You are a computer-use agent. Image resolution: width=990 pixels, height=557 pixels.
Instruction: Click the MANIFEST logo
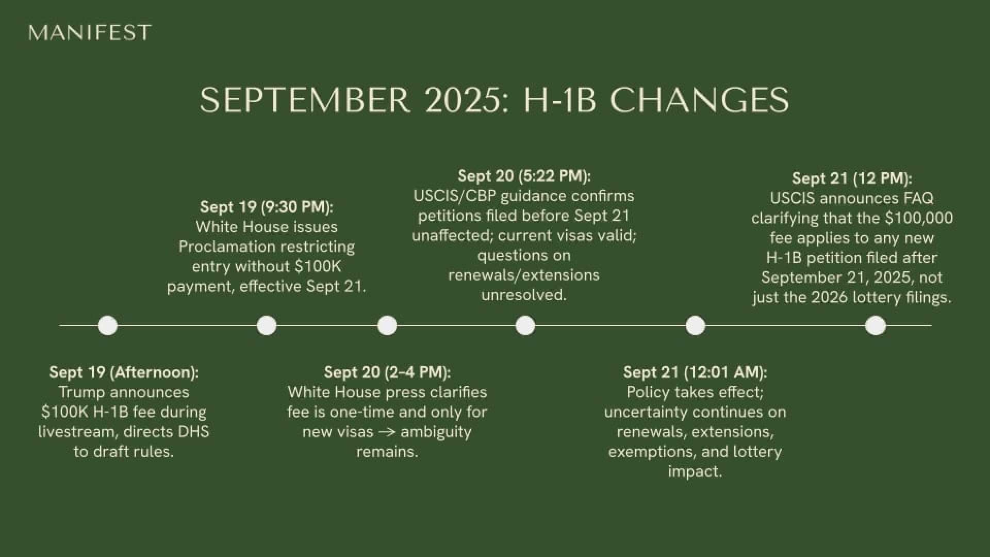click(90, 32)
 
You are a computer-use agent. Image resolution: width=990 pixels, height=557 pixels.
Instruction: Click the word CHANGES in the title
click(699, 100)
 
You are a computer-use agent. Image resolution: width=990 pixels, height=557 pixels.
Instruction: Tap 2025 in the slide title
click(463, 100)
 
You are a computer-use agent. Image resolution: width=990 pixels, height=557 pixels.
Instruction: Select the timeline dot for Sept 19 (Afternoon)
click(108, 326)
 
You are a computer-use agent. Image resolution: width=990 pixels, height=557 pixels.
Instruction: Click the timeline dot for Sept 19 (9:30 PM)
click(267, 326)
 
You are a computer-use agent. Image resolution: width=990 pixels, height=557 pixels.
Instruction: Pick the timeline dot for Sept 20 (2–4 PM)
click(387, 326)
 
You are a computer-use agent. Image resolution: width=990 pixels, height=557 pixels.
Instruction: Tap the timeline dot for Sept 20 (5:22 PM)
click(525, 326)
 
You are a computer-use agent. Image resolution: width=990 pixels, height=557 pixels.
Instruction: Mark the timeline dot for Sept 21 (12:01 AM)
click(695, 326)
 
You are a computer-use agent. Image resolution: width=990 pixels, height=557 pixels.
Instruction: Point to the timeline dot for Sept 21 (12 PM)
click(876, 326)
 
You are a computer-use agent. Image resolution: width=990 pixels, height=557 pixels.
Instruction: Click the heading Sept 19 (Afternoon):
click(124, 372)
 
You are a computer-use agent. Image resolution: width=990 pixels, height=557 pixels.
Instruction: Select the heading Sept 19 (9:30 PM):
click(267, 207)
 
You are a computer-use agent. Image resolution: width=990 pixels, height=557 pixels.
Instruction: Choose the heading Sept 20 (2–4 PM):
click(387, 372)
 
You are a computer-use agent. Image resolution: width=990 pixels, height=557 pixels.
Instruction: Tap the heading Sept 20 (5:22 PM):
click(524, 176)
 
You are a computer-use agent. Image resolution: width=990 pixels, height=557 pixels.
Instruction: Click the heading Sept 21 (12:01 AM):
click(695, 372)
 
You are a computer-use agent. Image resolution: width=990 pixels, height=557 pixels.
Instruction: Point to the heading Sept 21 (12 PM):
click(852, 178)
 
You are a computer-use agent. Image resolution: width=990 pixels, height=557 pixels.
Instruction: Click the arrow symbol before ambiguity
click(387, 432)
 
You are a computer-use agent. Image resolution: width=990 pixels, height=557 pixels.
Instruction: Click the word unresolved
click(524, 295)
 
